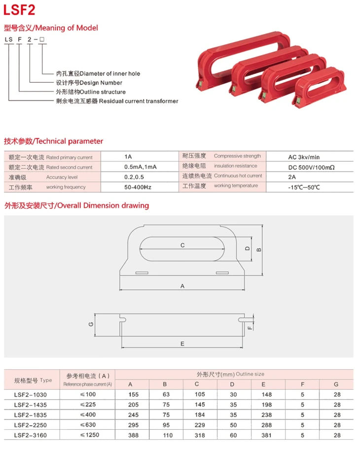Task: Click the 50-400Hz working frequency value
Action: (138, 187)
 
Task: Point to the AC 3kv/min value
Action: (304, 157)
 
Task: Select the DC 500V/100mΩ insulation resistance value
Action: (311, 168)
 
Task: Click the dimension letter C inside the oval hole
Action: (182, 245)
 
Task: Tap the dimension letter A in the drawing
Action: (182, 285)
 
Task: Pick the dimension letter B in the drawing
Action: (258, 249)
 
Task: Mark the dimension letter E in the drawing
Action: (182, 343)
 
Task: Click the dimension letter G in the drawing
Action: (91, 324)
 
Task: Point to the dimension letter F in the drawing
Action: (250, 327)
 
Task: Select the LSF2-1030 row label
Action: (30, 394)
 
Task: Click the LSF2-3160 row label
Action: (30, 435)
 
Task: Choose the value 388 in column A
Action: (130, 435)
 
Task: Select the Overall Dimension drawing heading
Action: (76, 205)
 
